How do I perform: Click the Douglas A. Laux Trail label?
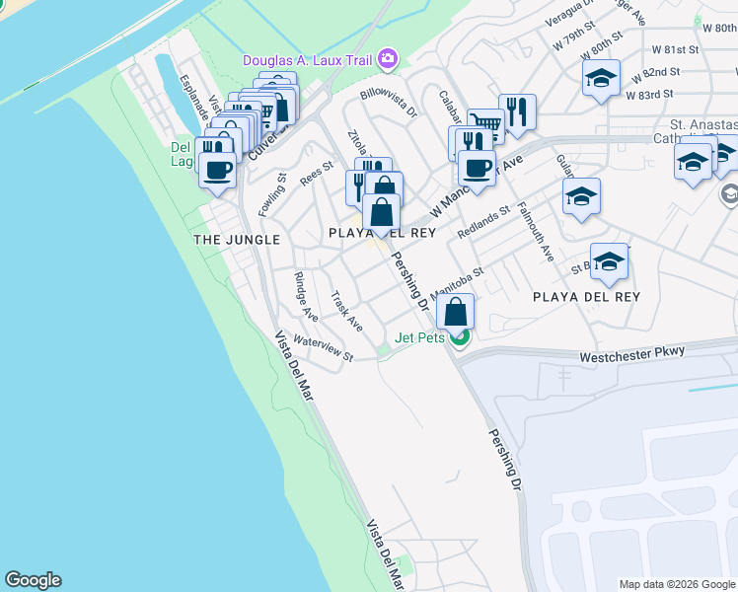click(308, 61)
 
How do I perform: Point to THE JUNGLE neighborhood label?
click(237, 240)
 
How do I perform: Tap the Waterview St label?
click(323, 349)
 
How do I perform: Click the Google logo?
click(33, 580)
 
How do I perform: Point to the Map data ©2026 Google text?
click(676, 584)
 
